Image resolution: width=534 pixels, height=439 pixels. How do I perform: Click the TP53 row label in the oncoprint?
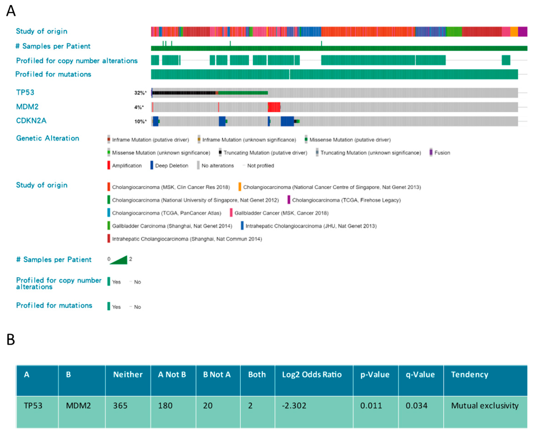pos(25,92)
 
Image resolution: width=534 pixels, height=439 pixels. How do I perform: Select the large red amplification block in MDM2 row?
pos(274,107)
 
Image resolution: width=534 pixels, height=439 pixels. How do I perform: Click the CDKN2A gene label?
pos(31,121)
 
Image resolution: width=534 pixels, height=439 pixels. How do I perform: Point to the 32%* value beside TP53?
pos(140,93)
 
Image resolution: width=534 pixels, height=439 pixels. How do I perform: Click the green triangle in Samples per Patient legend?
pos(120,260)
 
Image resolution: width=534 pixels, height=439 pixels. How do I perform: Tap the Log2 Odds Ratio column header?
pos(312,374)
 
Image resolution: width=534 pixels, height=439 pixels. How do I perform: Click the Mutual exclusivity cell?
pos(485,406)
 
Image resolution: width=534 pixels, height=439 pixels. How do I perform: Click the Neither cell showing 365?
pos(120,406)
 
